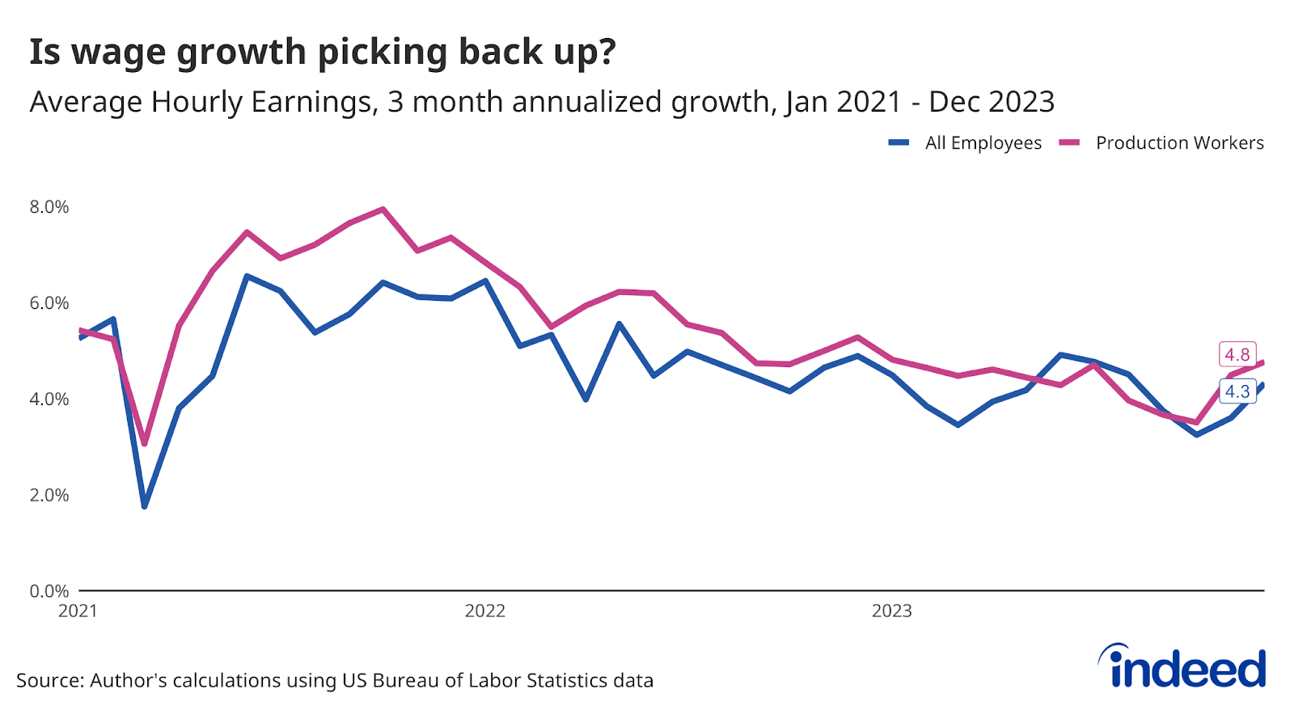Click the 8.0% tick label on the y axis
(x=49, y=207)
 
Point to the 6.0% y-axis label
(x=49, y=303)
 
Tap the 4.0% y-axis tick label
(x=49, y=400)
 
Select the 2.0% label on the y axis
(x=49, y=495)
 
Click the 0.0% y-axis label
(x=49, y=591)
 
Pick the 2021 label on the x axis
(x=78, y=611)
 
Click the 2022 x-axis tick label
(x=484, y=611)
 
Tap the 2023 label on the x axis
(x=891, y=611)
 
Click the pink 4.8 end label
(x=1237, y=354)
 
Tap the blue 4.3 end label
(x=1237, y=391)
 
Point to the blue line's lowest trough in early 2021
(x=145, y=506)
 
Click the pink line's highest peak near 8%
(x=383, y=209)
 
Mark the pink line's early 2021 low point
(x=145, y=443)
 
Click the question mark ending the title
(x=607, y=52)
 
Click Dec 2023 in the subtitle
(x=992, y=103)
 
